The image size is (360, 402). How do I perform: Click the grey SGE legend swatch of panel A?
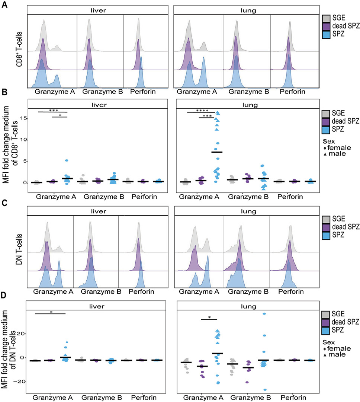326,18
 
